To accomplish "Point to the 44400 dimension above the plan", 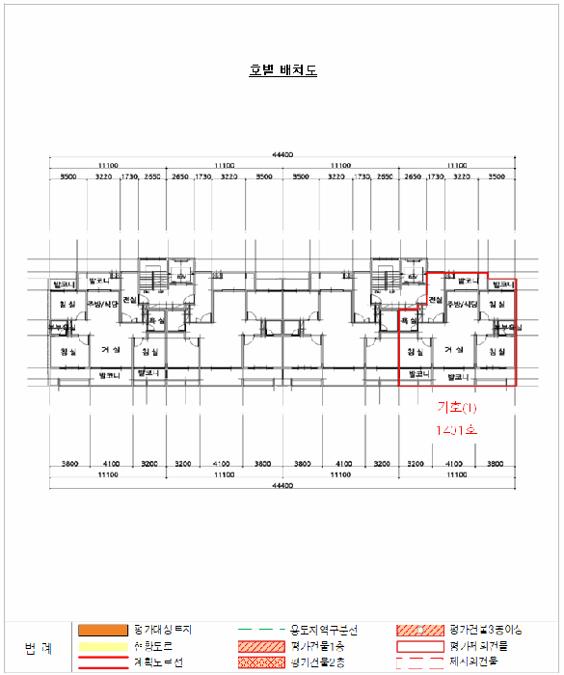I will [282, 154].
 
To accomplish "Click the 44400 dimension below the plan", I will [282, 486].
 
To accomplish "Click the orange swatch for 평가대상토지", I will [103, 630].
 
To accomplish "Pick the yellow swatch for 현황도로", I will [103, 646].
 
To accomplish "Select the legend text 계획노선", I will [156, 662].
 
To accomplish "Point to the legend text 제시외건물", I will [480, 662].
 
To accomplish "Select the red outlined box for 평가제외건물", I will [415, 646].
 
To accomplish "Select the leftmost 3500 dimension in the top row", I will [67, 177].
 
